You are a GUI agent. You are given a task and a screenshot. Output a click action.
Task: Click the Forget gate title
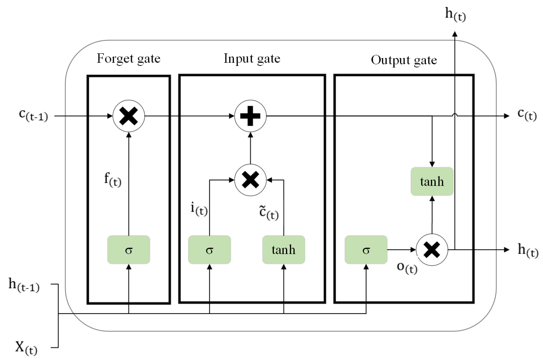(x=128, y=59)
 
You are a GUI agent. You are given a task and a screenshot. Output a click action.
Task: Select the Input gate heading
(x=252, y=59)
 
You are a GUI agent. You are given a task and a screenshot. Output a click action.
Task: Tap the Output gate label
(x=404, y=60)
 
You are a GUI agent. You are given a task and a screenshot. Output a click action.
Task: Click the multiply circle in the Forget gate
(x=129, y=116)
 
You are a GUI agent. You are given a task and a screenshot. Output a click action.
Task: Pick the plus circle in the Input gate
(x=250, y=116)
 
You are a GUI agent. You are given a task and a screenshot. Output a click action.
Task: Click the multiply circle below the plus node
(x=250, y=180)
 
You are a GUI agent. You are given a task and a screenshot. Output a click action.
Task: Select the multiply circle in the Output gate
(x=432, y=250)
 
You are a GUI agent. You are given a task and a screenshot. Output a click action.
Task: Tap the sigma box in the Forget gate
(x=129, y=250)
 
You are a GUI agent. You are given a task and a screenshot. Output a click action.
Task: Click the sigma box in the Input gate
(x=209, y=250)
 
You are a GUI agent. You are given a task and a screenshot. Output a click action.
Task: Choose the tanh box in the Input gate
(x=284, y=250)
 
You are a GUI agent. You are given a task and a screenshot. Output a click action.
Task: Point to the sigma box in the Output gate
(x=366, y=250)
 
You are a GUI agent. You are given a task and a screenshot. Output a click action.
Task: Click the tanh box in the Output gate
(x=432, y=181)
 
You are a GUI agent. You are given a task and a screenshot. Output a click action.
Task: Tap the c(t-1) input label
(x=33, y=115)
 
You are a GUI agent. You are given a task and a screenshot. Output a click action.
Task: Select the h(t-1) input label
(x=24, y=285)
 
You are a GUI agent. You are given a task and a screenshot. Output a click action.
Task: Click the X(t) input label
(x=26, y=348)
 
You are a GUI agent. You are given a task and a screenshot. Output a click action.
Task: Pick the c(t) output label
(x=527, y=114)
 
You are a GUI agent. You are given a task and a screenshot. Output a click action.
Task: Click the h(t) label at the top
(x=455, y=15)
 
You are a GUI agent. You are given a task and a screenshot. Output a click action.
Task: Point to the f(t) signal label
(x=113, y=180)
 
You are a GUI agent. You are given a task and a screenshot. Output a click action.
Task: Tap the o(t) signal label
(x=407, y=268)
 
